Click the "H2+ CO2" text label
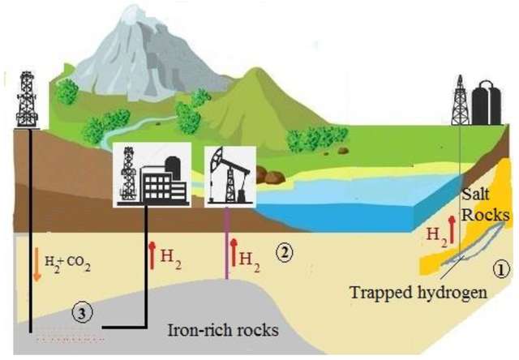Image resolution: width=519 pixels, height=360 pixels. point(70,264)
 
